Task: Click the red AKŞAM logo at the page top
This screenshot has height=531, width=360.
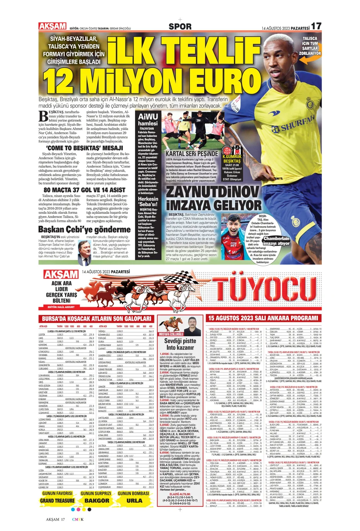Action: [52, 26]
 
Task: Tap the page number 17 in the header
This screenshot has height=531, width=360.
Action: [316, 26]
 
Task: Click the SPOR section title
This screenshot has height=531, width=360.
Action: [180, 26]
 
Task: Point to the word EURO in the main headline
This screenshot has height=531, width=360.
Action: [216, 81]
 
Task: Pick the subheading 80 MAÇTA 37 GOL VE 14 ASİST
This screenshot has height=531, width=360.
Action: [84, 190]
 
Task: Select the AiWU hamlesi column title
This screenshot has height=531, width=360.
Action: [148, 119]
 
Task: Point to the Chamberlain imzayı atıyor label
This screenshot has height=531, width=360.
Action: [277, 241]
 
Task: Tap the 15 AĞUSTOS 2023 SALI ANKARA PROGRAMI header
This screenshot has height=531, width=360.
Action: [263, 318]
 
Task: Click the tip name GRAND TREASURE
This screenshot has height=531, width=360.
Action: [57, 500]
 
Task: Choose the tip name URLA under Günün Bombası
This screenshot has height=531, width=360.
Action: [134, 500]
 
